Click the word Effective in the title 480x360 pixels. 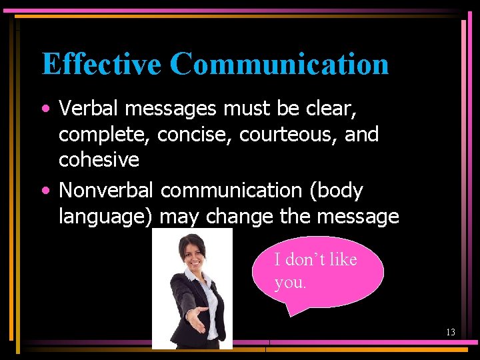tap(101, 64)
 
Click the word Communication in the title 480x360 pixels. tap(279, 64)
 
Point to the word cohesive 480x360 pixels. tap(99, 160)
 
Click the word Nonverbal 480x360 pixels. tap(107, 190)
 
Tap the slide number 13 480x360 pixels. tap(451, 332)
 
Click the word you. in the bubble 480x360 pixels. tap(290, 283)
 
